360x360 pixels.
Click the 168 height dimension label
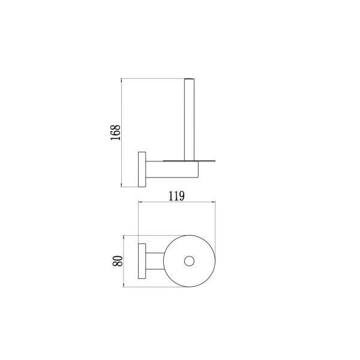[115, 133]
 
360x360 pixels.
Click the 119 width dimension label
[176, 196]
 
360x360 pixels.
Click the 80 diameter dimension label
[118, 261]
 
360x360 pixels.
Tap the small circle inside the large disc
[189, 261]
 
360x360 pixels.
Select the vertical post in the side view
[190, 119]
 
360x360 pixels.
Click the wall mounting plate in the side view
[142, 169]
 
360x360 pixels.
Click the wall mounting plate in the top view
[142, 261]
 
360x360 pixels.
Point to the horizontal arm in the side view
[172, 169]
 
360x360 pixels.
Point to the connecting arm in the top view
[155, 261]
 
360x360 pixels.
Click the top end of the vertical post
[190, 79]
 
